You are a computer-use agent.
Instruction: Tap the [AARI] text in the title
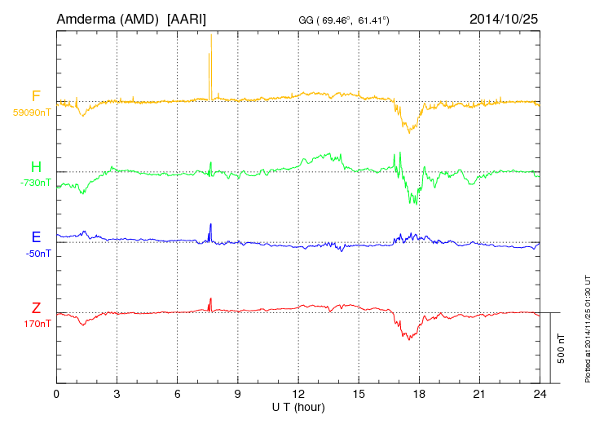(187, 18)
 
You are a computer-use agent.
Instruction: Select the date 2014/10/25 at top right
(503, 18)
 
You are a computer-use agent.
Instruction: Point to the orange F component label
(36, 97)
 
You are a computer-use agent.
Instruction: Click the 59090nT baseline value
(31, 113)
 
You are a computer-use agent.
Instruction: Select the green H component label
(36, 168)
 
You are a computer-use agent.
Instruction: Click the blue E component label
(36, 238)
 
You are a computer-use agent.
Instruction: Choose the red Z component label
(36, 308)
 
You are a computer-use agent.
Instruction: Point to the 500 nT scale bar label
(562, 348)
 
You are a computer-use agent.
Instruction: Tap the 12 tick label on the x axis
(298, 394)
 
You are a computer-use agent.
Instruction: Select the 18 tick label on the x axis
(419, 394)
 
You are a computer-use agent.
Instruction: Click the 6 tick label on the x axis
(178, 394)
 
